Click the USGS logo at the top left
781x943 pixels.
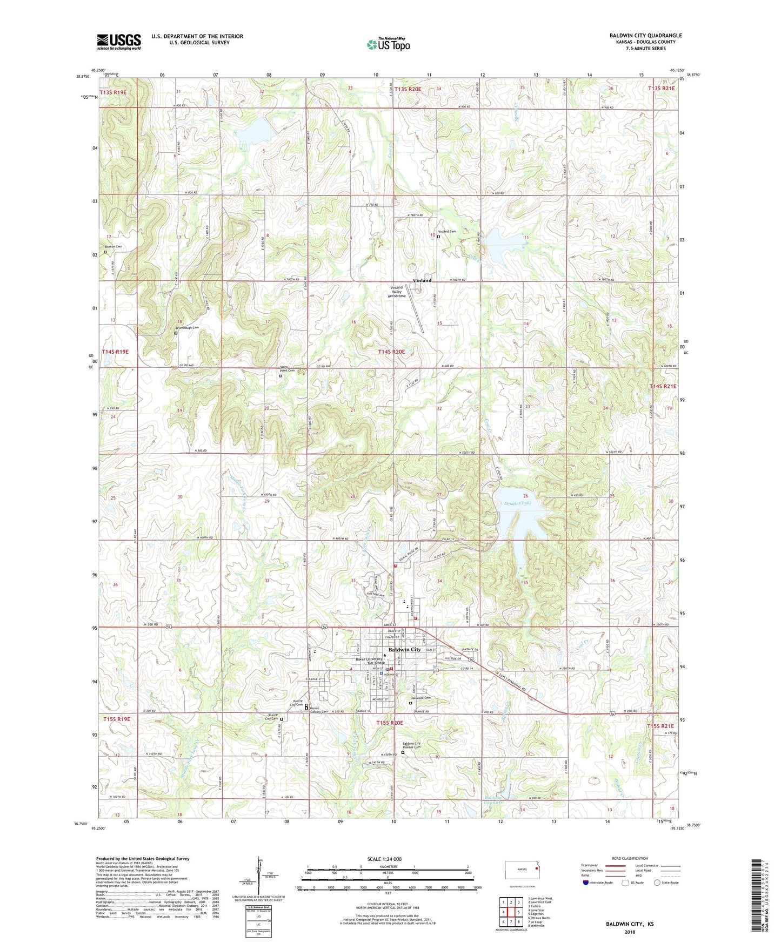point(119,42)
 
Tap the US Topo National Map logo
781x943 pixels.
point(388,44)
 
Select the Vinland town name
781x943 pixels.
point(422,281)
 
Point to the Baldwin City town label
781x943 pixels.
point(404,650)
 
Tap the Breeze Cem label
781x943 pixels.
point(114,247)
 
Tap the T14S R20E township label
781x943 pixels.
point(391,352)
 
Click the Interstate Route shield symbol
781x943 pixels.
point(585,883)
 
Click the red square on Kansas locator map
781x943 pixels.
point(536,869)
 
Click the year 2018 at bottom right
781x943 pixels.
point(630,932)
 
